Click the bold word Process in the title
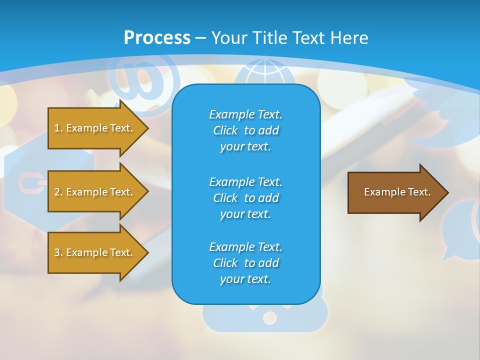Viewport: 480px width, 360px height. point(157,38)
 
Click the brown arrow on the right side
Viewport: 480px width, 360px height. point(395,192)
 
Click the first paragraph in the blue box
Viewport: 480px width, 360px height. point(245,130)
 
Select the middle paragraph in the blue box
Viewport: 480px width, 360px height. point(245,197)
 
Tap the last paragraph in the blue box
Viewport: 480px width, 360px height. point(245,263)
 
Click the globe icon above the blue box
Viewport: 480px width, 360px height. point(260,72)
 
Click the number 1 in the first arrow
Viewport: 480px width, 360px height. point(57,128)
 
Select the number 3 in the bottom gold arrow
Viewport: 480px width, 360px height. point(57,252)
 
